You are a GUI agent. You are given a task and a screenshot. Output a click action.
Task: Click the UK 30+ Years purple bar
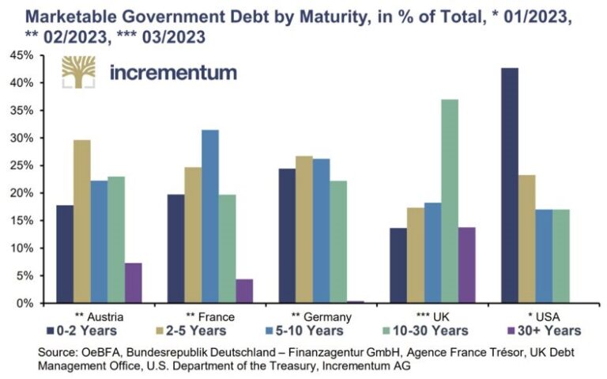pyautogui.click(x=466, y=265)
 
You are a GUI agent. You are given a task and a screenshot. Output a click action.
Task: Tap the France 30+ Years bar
pyautogui.click(x=244, y=290)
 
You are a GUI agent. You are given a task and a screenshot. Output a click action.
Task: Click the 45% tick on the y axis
pyautogui.click(x=21, y=55)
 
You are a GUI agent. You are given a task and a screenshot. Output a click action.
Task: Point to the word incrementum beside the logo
pyautogui.click(x=173, y=73)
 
